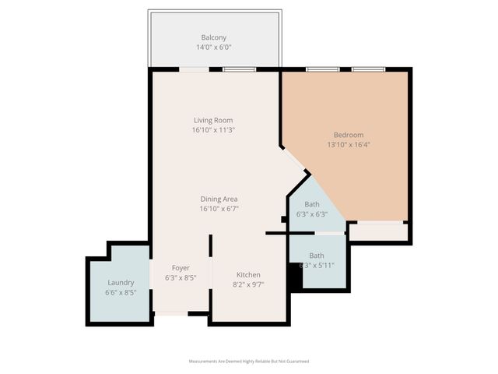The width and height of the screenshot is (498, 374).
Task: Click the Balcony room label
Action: point(214,37)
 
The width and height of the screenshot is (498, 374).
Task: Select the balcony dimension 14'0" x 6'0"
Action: point(214,48)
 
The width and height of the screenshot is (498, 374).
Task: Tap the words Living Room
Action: point(213,120)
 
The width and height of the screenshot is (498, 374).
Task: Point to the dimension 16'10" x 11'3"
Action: point(213,130)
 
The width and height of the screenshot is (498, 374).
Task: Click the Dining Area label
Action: point(219,199)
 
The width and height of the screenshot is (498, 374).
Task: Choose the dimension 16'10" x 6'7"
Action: point(219,209)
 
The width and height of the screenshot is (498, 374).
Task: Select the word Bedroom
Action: point(349,135)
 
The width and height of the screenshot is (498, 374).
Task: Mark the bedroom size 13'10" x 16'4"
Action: point(349,144)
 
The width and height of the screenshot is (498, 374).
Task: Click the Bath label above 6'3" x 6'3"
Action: point(311,204)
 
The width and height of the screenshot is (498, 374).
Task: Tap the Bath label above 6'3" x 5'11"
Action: point(317,256)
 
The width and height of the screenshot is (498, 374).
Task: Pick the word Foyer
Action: point(181,268)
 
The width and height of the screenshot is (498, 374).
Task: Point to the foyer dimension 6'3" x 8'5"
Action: point(181,277)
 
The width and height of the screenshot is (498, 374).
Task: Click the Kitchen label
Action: point(248,275)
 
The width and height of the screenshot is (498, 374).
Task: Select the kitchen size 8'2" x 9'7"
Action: point(248,285)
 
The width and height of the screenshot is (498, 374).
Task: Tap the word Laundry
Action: point(121,283)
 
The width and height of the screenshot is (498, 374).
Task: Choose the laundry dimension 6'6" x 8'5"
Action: point(121,293)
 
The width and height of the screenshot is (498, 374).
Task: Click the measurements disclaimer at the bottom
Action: point(249,362)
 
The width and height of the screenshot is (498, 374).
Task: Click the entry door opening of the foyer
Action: point(170,314)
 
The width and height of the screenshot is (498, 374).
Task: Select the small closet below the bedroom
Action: point(378,231)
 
